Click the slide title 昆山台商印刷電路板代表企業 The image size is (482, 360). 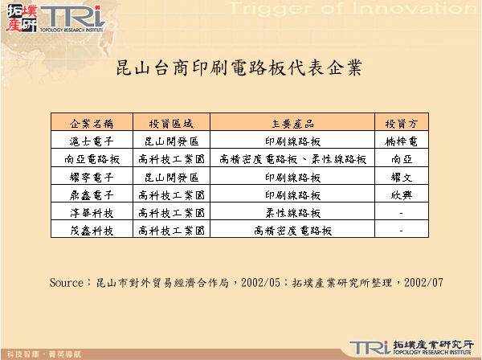pos(240,67)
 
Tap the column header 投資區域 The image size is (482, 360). pos(171,124)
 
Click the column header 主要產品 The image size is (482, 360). pos(292,124)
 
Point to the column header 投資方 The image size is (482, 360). pos(401,124)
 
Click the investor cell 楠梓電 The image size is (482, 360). pos(401,141)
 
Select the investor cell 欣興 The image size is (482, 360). pos(401,194)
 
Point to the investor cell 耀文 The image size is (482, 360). pos(401,177)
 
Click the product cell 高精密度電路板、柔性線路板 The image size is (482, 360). pos(292,159)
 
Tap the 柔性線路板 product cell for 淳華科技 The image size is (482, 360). pos(292,212)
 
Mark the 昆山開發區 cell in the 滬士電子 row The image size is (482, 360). pos(171,141)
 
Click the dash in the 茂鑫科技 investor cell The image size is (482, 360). pos(401,231)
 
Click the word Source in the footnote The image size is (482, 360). pos(66,283)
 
